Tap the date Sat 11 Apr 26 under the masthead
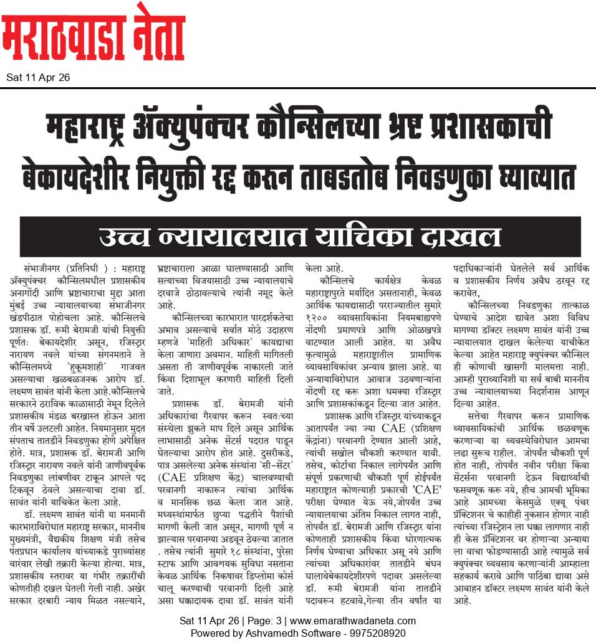tap(38, 78)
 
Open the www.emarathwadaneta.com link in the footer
tap(353, 621)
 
